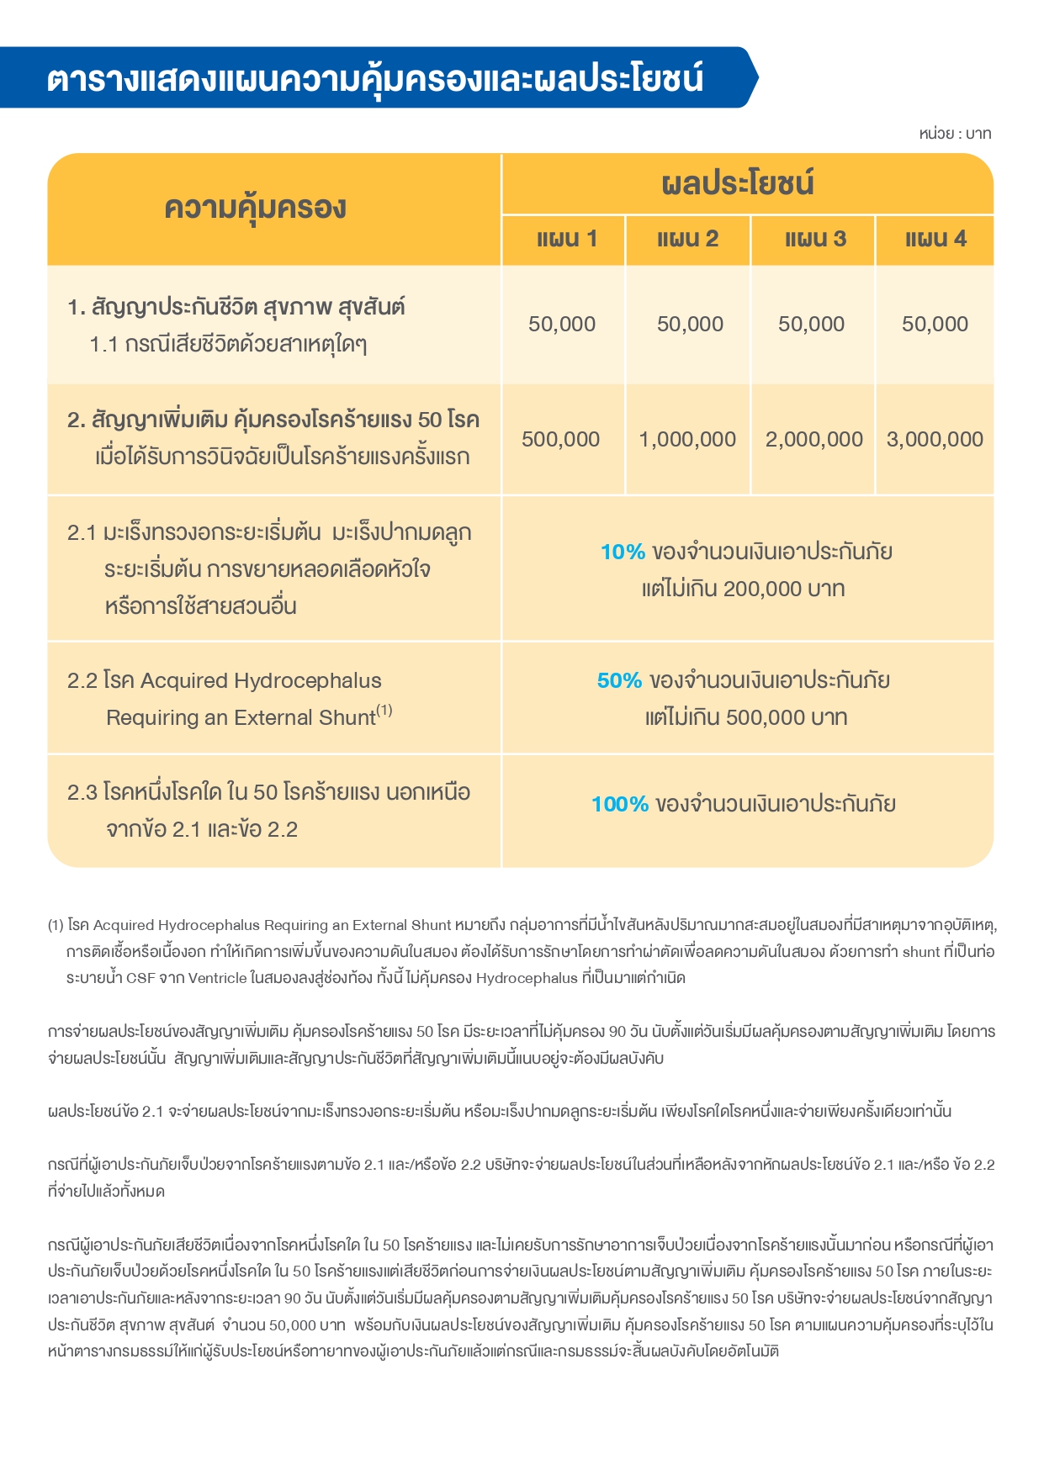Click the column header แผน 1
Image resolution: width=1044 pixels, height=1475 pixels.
[567, 240]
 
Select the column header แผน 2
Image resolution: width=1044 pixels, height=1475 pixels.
[687, 240]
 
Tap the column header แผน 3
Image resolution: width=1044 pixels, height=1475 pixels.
[814, 240]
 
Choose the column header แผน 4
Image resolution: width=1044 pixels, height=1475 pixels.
[935, 240]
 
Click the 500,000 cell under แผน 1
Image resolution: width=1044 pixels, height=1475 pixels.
[560, 439]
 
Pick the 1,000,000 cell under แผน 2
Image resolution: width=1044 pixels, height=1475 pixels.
[687, 439]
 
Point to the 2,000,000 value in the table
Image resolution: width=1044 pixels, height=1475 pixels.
[813, 439]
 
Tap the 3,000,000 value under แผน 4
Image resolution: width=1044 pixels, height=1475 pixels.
[935, 439]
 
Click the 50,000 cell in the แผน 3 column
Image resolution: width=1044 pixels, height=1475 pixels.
[811, 324]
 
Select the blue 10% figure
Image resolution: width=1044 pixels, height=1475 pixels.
[623, 552]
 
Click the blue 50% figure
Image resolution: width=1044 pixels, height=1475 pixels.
[619, 680]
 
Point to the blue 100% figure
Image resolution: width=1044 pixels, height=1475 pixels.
[620, 805]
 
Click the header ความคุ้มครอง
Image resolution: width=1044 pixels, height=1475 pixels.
[255, 208]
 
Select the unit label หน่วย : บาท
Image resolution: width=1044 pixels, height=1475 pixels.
[955, 134]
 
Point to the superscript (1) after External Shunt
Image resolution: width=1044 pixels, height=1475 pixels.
[384, 711]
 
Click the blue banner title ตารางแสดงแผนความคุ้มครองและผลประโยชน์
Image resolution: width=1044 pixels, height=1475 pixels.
[375, 78]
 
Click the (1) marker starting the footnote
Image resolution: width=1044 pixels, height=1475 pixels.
[56, 925]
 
